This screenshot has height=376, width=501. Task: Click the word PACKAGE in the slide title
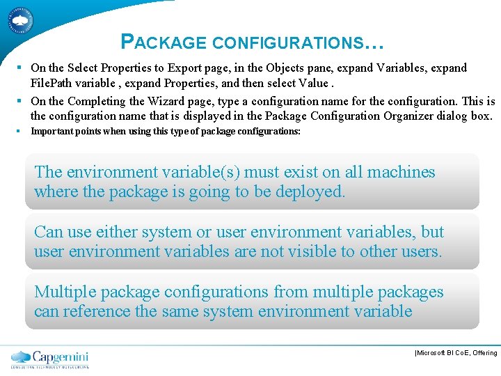pyautogui.click(x=164, y=42)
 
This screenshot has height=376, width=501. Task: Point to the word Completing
pyautogui.click(x=98, y=101)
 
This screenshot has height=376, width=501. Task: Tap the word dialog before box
pyautogui.click(x=454, y=116)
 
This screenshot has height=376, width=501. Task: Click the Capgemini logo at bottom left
pyautogui.click(x=50, y=359)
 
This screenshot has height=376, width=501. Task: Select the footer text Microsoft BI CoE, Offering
pyautogui.click(x=456, y=353)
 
